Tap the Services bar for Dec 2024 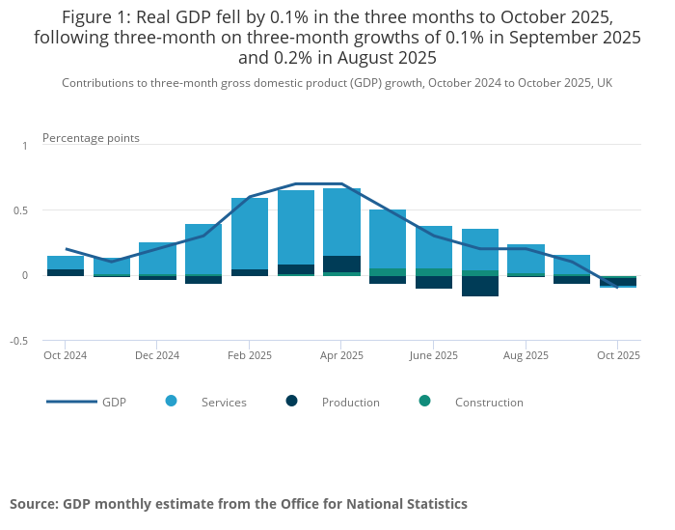(x=157, y=258)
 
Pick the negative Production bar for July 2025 (x=479, y=286)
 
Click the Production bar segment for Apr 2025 (x=341, y=264)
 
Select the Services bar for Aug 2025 (x=526, y=258)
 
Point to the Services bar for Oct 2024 (x=66, y=263)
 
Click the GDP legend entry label (x=114, y=402)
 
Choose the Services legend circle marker (x=172, y=401)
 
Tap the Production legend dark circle (x=292, y=401)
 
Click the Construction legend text (x=489, y=402)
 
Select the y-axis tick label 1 (x=25, y=145)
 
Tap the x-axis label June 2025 (x=433, y=355)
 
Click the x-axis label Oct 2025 (x=618, y=355)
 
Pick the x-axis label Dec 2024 (x=157, y=355)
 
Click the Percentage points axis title (x=91, y=138)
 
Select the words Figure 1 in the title (x=95, y=17)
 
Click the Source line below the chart (x=238, y=504)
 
